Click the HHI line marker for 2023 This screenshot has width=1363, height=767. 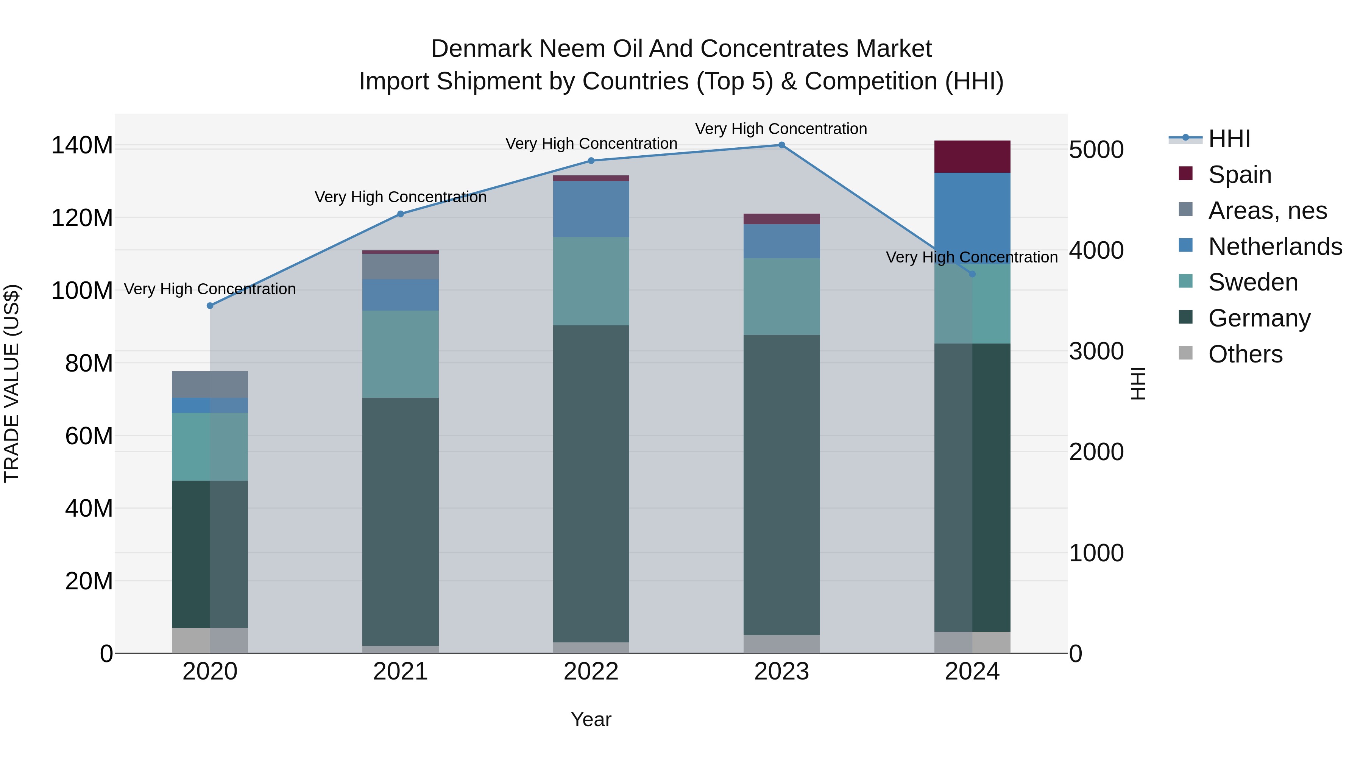781,145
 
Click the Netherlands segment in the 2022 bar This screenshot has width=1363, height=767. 591,209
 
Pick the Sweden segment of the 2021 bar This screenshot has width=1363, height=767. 401,354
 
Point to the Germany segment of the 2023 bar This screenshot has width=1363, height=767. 781,484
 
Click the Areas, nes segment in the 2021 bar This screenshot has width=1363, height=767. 401,266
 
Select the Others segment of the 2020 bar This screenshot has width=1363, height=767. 210,640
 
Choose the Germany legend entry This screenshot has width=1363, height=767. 1259,318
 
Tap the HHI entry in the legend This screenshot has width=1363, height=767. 1229,139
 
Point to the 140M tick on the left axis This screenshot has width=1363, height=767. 82,145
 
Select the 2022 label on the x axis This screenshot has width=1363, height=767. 591,672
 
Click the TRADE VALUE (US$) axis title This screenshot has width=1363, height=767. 12,383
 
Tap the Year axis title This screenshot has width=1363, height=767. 591,719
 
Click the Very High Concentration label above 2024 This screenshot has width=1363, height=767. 972,257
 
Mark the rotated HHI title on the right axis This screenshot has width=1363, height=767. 1138,383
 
